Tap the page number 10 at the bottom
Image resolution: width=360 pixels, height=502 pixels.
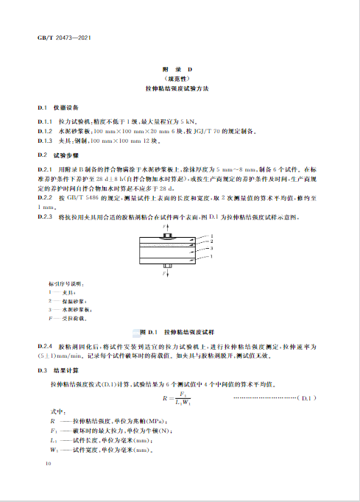pyautogui.click(x=49, y=464)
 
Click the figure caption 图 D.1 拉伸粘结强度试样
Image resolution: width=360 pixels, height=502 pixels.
pyautogui.click(x=180, y=333)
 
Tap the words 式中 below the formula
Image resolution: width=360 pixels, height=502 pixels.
pyautogui.click(x=57, y=410)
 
